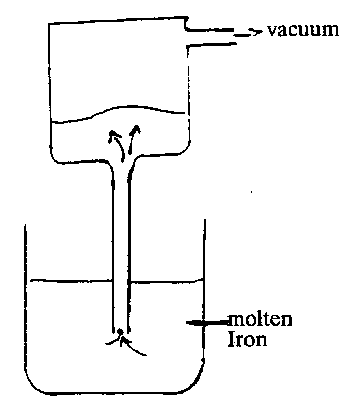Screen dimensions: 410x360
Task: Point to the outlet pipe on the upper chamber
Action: [212, 37]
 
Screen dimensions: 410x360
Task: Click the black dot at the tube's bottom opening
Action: [120, 332]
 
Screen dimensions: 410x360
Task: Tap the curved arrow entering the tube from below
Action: [136, 348]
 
